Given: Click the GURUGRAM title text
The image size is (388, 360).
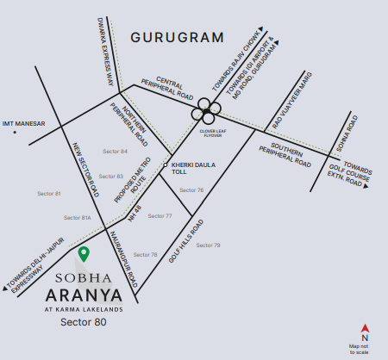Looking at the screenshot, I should point(177,38).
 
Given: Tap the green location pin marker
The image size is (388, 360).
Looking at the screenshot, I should point(84,254).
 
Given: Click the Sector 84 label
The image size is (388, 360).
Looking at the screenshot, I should point(115,151).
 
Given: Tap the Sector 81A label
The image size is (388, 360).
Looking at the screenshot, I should point(80,218).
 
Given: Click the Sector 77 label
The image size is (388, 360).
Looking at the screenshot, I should point(160,215).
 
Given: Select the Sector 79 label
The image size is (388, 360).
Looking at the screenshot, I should point(208,245).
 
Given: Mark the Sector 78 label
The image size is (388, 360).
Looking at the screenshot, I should point(146,255).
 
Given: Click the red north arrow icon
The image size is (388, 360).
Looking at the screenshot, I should point(366,328).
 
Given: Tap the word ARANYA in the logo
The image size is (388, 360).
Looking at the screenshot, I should point(84,298).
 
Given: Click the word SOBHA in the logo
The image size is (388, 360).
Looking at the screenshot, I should point(84,278).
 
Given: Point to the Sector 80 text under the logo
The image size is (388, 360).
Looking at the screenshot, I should point(84,324).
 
